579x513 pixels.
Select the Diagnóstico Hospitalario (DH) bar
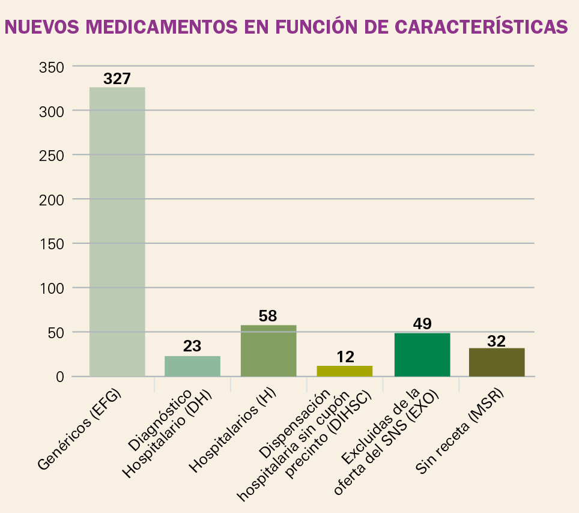pos(192,366)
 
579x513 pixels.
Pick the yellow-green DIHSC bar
pos(344,371)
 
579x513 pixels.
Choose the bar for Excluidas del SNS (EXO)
pos(422,354)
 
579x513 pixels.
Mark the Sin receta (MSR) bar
pos(497,362)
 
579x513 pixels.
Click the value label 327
pos(117,79)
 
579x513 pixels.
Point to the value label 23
pos(192,347)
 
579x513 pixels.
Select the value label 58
pos(268,316)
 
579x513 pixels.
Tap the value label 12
pos(345,357)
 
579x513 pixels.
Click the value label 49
pos(422,324)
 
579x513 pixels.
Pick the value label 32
pos(497,341)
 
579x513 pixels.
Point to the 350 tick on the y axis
pos(52,67)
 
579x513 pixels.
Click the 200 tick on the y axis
pos(52,199)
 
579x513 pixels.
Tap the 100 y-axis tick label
pos(52,288)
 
